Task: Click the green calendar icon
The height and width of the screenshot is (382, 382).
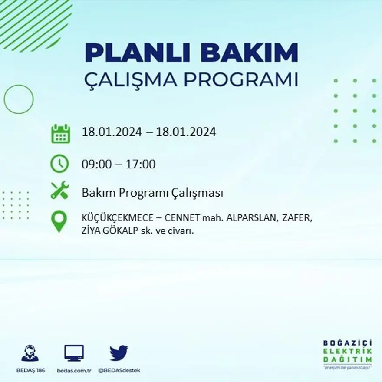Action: pyautogui.click(x=60, y=133)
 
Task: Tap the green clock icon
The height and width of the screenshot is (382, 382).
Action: pyautogui.click(x=59, y=164)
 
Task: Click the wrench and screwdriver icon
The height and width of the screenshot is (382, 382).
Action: pyautogui.click(x=60, y=190)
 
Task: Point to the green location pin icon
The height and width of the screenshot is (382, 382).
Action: pyautogui.click(x=59, y=221)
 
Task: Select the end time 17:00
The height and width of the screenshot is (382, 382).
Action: pyautogui.click(x=141, y=165)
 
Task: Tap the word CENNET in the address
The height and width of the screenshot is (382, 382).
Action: pyautogui.click(x=173, y=219)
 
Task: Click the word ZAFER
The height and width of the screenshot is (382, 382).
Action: pyautogui.click(x=296, y=219)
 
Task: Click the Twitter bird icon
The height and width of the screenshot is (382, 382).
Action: pyautogui.click(x=119, y=353)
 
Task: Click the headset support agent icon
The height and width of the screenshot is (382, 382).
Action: pyautogui.click(x=30, y=353)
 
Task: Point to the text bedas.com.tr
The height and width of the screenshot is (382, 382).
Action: pyautogui.click(x=74, y=370)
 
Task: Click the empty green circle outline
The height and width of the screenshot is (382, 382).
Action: pyautogui.click(x=19, y=99)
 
